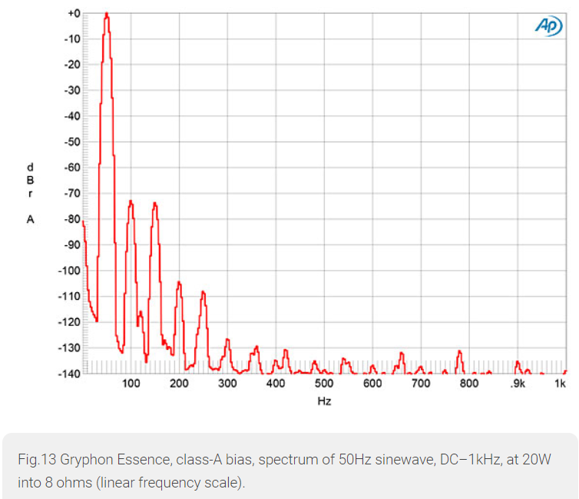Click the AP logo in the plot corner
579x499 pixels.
click(x=548, y=25)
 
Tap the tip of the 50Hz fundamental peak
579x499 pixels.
click(x=107, y=14)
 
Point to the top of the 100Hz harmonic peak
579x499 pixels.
click(x=131, y=201)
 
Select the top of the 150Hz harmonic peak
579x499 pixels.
click(x=155, y=203)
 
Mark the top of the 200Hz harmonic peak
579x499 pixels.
click(x=179, y=282)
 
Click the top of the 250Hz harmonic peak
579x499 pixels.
click(x=203, y=291)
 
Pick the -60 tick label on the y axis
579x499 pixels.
click(x=72, y=167)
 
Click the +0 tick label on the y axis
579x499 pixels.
click(x=74, y=13)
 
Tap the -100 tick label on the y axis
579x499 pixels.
click(x=70, y=270)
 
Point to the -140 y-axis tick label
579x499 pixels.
click(x=70, y=373)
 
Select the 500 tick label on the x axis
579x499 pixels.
click(x=324, y=384)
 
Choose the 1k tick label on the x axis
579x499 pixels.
click(x=561, y=384)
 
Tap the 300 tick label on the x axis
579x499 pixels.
click(x=227, y=384)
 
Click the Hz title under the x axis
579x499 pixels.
click(x=324, y=401)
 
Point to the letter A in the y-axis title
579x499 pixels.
click(x=31, y=219)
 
